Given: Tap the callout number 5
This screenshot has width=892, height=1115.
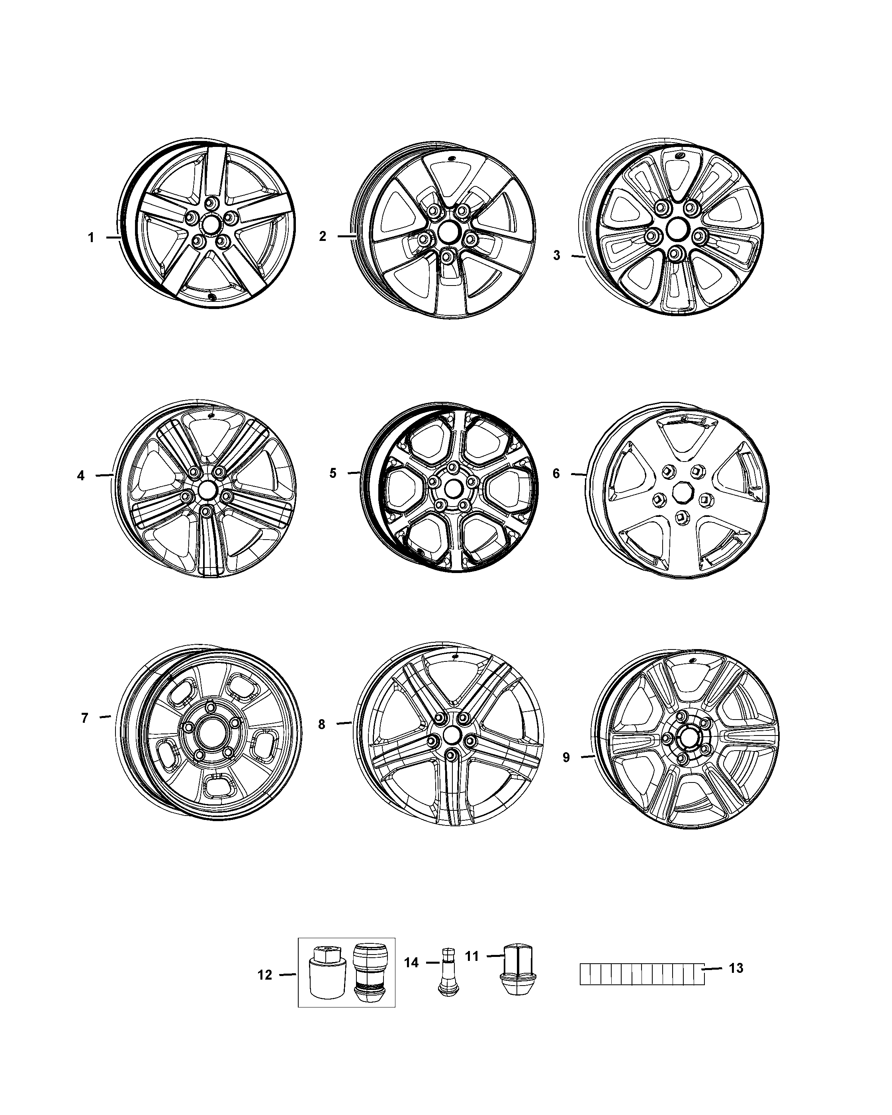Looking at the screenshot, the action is click(333, 473).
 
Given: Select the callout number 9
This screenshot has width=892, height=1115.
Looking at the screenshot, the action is click(566, 758).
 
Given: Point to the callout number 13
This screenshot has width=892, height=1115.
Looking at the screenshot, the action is click(736, 968).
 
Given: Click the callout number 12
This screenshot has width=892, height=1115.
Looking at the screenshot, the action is click(265, 975).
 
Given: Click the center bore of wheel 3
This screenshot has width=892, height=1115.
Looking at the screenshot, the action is click(675, 228).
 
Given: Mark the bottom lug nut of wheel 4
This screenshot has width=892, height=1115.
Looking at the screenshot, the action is click(206, 511).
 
